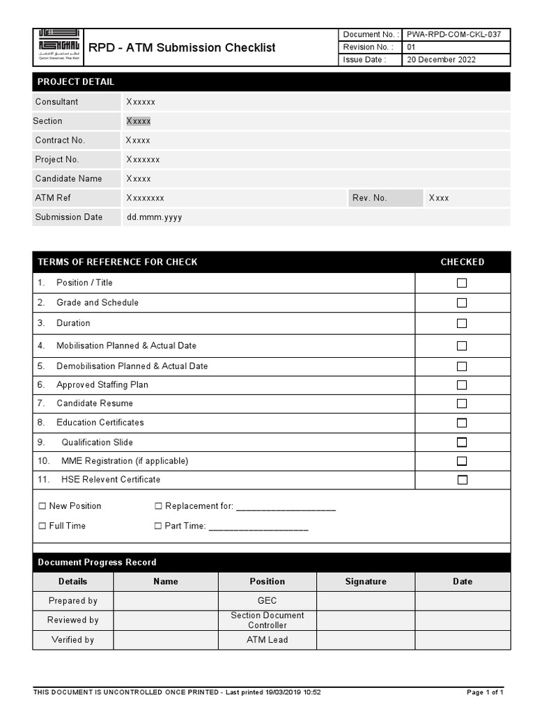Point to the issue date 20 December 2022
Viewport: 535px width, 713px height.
[x=442, y=60]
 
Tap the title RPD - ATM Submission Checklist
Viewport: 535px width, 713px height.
[x=182, y=48]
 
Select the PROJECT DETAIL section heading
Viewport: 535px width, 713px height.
[x=76, y=82]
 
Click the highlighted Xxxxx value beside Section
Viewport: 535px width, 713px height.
[x=138, y=121]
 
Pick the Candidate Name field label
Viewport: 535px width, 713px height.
[x=68, y=179]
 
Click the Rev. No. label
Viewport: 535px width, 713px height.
[x=369, y=198]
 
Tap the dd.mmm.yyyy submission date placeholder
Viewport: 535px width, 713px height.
[x=154, y=217]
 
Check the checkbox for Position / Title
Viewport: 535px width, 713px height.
[x=462, y=283]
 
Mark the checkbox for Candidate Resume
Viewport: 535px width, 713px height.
[x=462, y=404]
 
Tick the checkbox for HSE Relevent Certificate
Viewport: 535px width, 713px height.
[x=462, y=480]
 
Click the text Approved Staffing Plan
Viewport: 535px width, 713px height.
[x=102, y=385]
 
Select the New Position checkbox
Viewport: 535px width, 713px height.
[x=42, y=506]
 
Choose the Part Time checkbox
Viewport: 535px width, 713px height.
[x=158, y=526]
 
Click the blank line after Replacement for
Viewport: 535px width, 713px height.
[x=286, y=507]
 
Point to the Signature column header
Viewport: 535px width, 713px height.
[x=366, y=581]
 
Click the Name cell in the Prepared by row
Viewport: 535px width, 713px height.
[x=166, y=601]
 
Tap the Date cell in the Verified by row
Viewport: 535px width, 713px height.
[x=463, y=640]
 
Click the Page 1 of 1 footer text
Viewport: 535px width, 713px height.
[x=485, y=692]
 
